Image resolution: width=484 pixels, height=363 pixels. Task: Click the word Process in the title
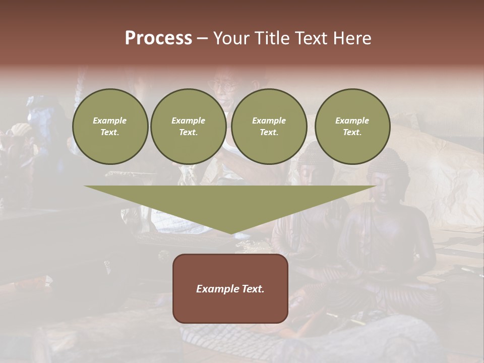pyautogui.click(x=158, y=38)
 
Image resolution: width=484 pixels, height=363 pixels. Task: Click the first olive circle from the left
pyautogui.click(x=110, y=127)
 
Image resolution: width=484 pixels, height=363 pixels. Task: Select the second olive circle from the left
pyautogui.click(x=189, y=127)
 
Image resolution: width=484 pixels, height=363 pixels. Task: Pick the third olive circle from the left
pyautogui.click(x=269, y=127)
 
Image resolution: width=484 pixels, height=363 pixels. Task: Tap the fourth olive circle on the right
pyautogui.click(x=352, y=127)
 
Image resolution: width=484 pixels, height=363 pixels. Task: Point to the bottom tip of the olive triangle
pyautogui.click(x=231, y=233)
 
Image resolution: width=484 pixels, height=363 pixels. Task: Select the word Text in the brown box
pyautogui.click(x=253, y=289)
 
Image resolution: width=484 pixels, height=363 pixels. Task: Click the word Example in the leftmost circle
pyautogui.click(x=110, y=121)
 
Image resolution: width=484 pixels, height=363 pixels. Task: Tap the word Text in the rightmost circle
pyautogui.click(x=352, y=133)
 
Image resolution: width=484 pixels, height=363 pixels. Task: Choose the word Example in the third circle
pyautogui.click(x=269, y=121)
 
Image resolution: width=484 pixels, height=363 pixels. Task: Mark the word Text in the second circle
pyautogui.click(x=188, y=133)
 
